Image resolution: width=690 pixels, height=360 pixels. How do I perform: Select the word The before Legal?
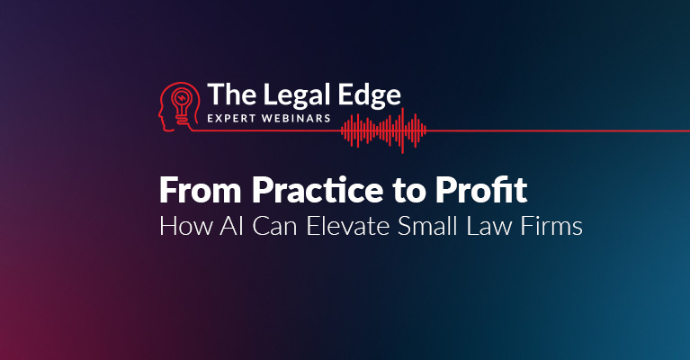coord(231,94)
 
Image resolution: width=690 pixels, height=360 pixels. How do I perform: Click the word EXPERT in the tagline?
coord(231,119)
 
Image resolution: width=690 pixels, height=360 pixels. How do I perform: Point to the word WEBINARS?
coord(296,119)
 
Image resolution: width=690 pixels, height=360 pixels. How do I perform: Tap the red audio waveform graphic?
coord(384,130)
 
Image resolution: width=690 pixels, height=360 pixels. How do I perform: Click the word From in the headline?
coord(201,190)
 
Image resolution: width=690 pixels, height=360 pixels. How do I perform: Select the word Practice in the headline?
coord(318,190)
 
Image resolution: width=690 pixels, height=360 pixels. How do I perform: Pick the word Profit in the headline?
coord(481,190)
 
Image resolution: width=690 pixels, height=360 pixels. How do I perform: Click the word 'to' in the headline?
coord(409,192)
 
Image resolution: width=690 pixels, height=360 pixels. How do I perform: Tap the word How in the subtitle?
coord(185,226)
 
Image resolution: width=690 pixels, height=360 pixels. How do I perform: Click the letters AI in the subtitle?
coord(232,226)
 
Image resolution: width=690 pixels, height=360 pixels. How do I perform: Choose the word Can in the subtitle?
coord(274,226)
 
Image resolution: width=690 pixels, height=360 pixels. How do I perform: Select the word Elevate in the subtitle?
coord(348,226)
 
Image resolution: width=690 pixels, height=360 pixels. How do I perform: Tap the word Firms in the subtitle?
coord(551,226)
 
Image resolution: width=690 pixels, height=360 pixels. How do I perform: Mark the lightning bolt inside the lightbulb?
coord(182,98)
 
